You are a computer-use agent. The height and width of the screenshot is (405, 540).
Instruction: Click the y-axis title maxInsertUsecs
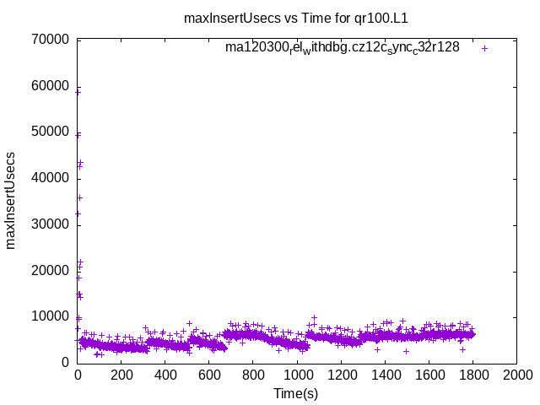point(11,201)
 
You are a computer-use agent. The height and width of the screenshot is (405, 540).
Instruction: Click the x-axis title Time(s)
point(295,393)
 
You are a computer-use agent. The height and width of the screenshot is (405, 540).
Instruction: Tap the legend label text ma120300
point(342,48)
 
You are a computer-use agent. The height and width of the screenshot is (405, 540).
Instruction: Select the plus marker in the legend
point(484,48)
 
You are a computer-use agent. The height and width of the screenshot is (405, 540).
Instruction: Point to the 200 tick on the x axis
point(121,375)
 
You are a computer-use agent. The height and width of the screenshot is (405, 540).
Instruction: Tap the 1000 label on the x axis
point(297,375)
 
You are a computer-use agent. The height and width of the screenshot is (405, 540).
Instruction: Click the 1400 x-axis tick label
point(385,375)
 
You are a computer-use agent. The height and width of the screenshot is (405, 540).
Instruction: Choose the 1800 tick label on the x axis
point(472,375)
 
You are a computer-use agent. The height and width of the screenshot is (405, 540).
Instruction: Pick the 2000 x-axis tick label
point(516,375)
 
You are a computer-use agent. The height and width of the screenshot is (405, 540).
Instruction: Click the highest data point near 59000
point(78,91)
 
